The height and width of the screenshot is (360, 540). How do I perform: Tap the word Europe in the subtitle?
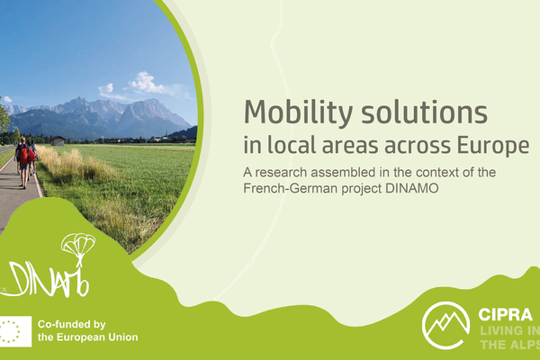494,145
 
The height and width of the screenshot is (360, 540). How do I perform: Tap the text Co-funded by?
72,323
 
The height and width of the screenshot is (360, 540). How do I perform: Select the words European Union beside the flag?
99,337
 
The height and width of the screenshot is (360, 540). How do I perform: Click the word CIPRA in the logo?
506,316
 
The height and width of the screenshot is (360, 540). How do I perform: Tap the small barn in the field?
58,140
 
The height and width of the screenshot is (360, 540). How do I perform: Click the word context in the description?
437,171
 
